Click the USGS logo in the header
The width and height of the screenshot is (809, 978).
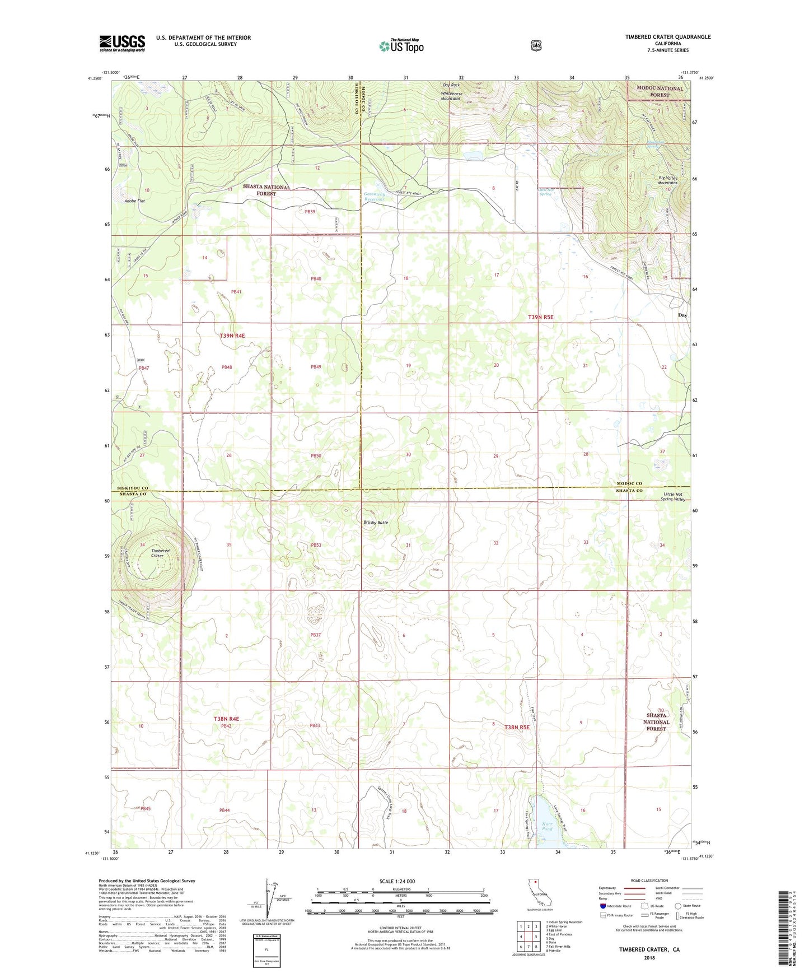[122, 43]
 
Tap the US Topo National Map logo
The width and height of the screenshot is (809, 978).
[401, 45]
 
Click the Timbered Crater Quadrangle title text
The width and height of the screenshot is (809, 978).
[668, 37]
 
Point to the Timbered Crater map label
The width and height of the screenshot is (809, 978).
[160, 553]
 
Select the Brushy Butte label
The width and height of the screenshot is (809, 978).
[376, 523]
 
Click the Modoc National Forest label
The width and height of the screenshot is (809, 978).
[659, 92]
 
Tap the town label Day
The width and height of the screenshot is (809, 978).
[682, 315]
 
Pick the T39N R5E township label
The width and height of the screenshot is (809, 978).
[540, 317]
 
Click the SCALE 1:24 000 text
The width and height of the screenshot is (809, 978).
[397, 881]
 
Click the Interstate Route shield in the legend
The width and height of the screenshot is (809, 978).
[602, 906]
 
